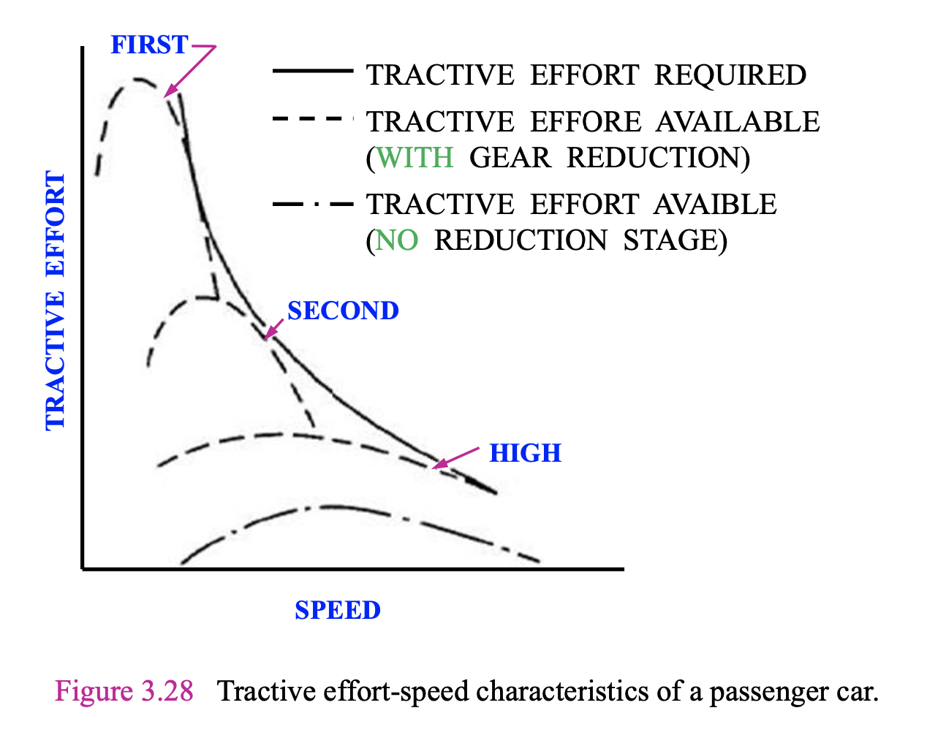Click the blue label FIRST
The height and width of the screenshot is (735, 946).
tap(149, 45)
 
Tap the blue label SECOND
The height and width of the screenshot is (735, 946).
tap(343, 311)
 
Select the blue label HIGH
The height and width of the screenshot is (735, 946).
tap(525, 453)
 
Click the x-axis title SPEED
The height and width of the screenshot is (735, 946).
tap(338, 610)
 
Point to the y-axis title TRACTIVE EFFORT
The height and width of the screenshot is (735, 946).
tap(56, 300)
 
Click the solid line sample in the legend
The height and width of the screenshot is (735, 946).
tap(312, 72)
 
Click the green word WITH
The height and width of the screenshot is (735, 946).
tap(415, 157)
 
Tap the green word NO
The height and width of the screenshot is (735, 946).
tap(397, 240)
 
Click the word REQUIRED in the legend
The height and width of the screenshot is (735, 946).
tap(730, 75)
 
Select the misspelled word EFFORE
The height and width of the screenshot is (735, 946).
tap(585, 121)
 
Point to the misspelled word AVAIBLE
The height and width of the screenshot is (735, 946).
tap(714, 205)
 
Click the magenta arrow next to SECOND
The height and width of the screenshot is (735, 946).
tap(273, 330)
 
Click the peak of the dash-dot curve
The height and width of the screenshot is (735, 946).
tap(329, 506)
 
